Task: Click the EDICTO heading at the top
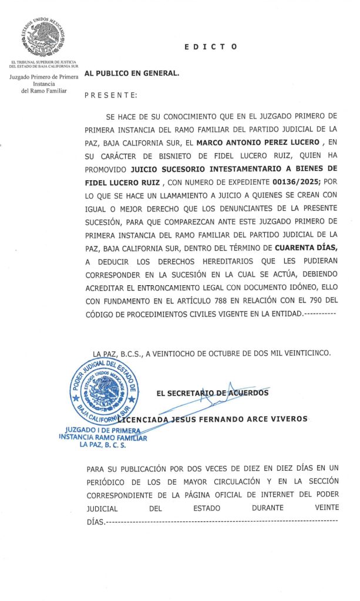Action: coord(210,46)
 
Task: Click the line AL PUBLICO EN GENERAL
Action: coord(132,73)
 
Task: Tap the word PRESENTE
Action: coord(112,94)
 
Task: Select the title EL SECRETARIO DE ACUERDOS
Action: coord(213,393)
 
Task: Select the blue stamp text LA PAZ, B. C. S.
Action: coord(103,445)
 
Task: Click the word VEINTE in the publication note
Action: coord(327,508)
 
